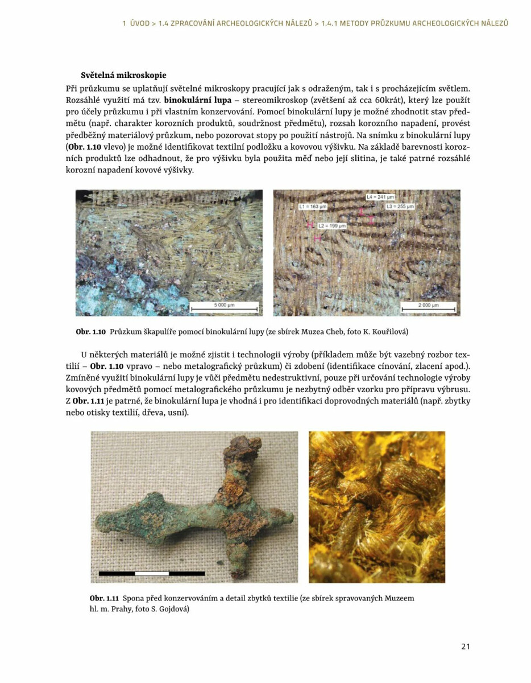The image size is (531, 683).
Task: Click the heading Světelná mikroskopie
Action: click(x=123, y=75)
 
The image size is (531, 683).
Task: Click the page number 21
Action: click(x=465, y=646)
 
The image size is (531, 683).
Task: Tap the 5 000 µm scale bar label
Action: click(x=224, y=305)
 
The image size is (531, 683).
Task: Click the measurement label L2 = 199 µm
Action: click(x=332, y=226)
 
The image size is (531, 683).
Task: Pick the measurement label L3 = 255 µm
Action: click(x=400, y=206)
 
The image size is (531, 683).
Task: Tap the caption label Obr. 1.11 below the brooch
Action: click(x=104, y=598)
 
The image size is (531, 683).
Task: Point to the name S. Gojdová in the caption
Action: click(x=167, y=608)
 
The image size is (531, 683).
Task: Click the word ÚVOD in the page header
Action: click(x=139, y=23)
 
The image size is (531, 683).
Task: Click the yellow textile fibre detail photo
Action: click(x=376, y=507)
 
